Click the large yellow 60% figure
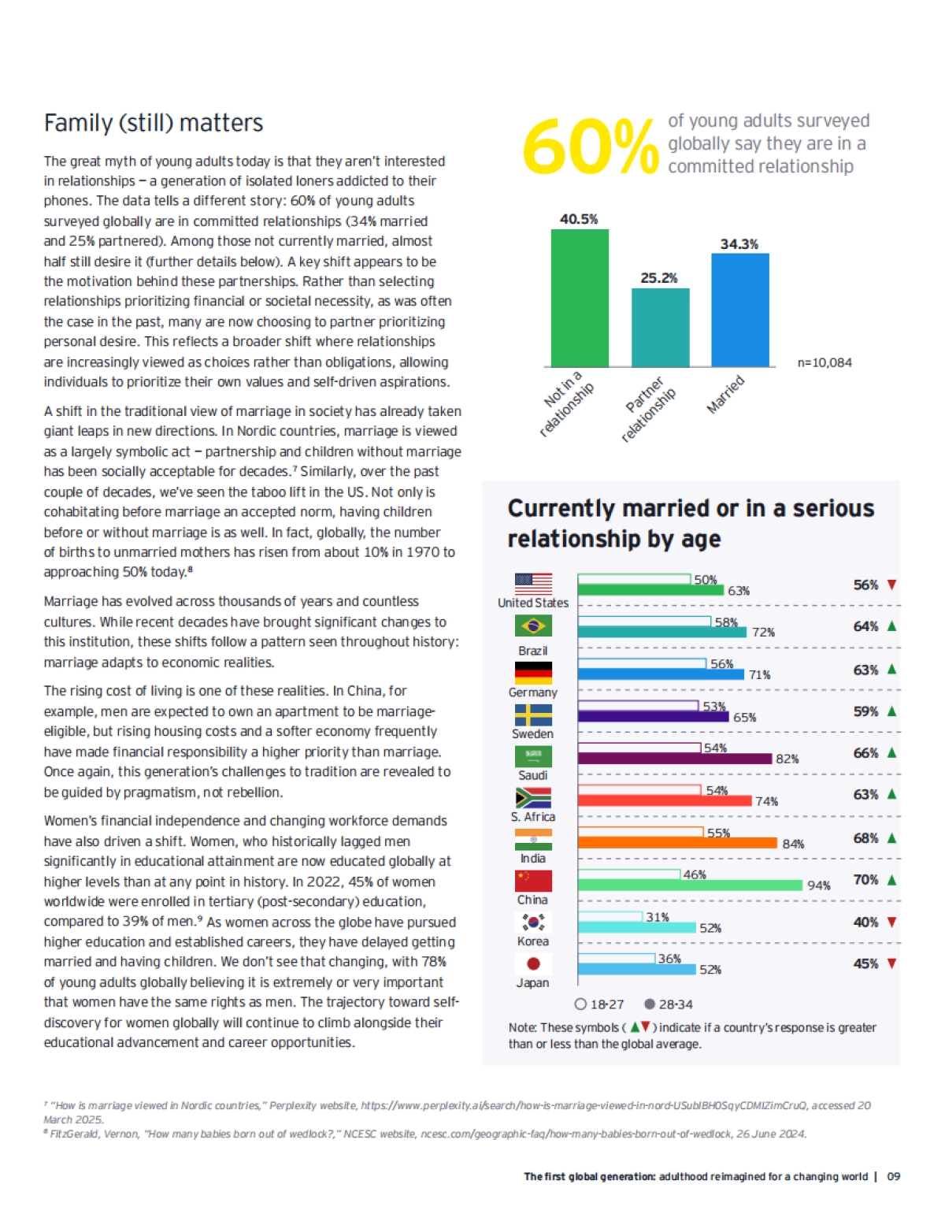[x=589, y=147]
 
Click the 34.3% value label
[x=739, y=244]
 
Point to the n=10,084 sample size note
[x=824, y=362]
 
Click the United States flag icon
[x=533, y=584]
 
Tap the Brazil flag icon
[x=533, y=625]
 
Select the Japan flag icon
[x=533, y=963]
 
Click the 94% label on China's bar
[x=818, y=885]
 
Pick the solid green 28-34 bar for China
[x=690, y=885]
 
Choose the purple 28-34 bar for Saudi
[x=674, y=759]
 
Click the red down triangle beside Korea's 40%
[x=891, y=922]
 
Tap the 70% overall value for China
[x=865, y=879]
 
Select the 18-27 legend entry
[x=599, y=1004]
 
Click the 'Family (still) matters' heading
[x=154, y=123]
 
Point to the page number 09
[x=893, y=1176]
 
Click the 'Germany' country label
[x=532, y=692]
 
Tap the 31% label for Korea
[x=658, y=917]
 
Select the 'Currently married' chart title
[x=690, y=523]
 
